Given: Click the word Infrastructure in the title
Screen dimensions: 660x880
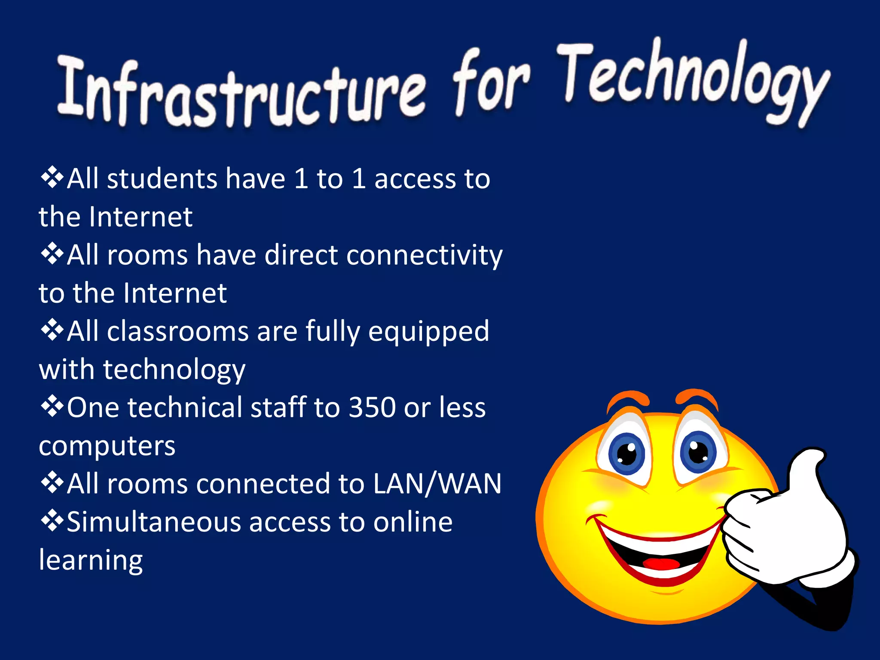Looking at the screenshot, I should (x=241, y=92).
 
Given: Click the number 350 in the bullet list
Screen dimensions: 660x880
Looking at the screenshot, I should (x=372, y=407).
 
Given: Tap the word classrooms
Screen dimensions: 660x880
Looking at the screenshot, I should (x=178, y=331).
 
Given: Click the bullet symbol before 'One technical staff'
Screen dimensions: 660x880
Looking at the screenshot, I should (x=52, y=407).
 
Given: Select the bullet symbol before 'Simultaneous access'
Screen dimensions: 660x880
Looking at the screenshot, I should (x=52, y=521).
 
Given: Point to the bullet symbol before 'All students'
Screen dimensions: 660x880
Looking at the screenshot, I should (x=52, y=178).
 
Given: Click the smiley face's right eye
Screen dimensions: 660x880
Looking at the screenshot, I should (x=698, y=451).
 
